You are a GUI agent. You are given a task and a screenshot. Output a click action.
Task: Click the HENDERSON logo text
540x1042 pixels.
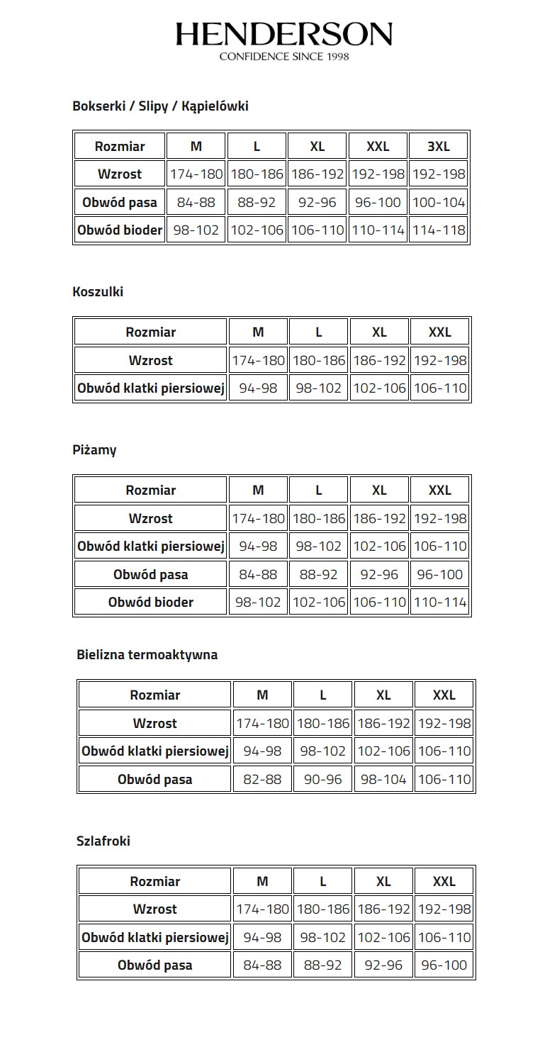coord(283,33)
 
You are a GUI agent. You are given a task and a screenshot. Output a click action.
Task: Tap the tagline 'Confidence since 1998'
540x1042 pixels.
coord(283,56)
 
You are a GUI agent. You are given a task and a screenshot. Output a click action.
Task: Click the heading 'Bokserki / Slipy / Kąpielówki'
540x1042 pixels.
coord(160,106)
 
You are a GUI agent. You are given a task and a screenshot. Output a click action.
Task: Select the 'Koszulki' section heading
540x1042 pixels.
coord(98,291)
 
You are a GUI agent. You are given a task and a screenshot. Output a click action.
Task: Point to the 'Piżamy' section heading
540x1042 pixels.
coord(94,450)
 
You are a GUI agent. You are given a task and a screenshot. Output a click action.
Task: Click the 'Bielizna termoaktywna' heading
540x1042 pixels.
coord(147,655)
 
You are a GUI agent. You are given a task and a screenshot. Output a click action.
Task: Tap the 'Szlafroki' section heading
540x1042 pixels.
coord(103,841)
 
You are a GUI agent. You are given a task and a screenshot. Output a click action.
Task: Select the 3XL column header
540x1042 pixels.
coord(439,147)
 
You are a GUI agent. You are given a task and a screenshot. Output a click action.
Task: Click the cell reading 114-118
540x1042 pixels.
coord(439,230)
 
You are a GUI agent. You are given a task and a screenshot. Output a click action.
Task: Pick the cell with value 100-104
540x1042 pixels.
coord(439,203)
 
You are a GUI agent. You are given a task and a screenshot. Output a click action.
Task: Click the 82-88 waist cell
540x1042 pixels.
coord(262,780)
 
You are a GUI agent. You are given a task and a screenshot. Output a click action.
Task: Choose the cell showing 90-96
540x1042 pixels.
coord(322,780)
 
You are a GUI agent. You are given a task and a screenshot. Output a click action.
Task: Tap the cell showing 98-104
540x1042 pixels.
coord(383,780)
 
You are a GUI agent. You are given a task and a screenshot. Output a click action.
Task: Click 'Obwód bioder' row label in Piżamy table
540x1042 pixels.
coord(151,603)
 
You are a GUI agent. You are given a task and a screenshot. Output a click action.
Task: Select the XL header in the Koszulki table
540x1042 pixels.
coord(379,332)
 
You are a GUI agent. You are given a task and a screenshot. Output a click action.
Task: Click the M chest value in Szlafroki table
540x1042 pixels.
coord(262,938)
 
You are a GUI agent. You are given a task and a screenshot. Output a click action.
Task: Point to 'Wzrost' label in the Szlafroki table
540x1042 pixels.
coord(155,909)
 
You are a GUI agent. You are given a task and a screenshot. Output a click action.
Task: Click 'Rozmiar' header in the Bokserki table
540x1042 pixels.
coord(120,147)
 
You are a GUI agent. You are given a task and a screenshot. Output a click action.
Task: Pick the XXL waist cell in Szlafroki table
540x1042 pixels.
coord(444,965)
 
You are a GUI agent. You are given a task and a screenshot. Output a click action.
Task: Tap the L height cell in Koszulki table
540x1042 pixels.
coord(319,361)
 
